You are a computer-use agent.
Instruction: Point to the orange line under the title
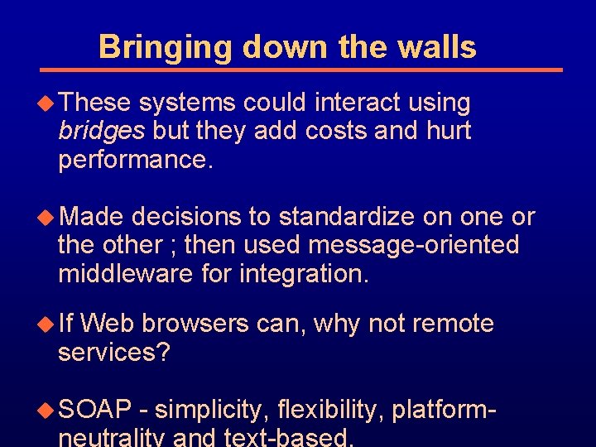[x=302, y=70]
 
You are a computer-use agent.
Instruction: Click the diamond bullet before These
[x=50, y=103]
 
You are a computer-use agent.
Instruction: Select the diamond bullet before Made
[x=50, y=218]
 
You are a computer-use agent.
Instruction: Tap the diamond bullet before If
[x=50, y=324]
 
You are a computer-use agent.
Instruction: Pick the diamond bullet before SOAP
[x=50, y=409]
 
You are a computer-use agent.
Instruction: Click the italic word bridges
[x=101, y=131]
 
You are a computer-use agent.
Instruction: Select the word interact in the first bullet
[x=360, y=103]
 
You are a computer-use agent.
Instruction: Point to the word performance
[x=136, y=159]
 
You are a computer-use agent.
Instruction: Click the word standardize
[x=346, y=218]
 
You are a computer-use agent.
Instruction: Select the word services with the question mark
[x=113, y=353]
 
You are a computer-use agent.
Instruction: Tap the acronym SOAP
[x=96, y=409]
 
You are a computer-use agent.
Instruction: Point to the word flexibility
[x=331, y=409]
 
